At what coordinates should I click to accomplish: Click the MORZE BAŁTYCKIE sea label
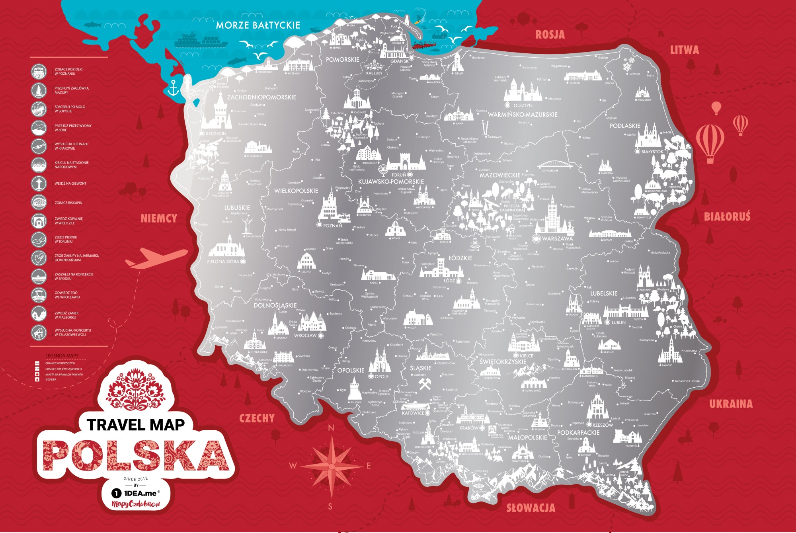pyautogui.click(x=258, y=25)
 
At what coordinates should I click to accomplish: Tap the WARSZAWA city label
pyautogui.click(x=557, y=239)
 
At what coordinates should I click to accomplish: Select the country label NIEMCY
pyautogui.click(x=159, y=219)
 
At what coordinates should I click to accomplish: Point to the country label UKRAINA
pyautogui.click(x=731, y=404)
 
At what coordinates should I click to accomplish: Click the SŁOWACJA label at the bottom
pyautogui.click(x=531, y=508)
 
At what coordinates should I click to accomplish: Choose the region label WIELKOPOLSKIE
pyautogui.click(x=296, y=191)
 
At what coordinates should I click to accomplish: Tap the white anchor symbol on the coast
pyautogui.click(x=173, y=88)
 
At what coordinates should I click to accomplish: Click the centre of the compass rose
pyautogui.click(x=332, y=466)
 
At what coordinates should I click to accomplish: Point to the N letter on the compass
pyautogui.click(x=331, y=428)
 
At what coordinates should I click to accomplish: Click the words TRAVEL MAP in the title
pyautogui.click(x=136, y=425)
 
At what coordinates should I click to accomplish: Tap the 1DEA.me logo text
pyautogui.click(x=140, y=494)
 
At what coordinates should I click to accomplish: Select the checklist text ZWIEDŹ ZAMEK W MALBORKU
pyautogui.click(x=66, y=315)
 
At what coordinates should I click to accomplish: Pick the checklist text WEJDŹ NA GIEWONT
pyautogui.click(x=70, y=184)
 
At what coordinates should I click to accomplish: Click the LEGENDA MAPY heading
pyautogui.click(x=62, y=355)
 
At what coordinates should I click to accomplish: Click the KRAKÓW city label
pyautogui.click(x=469, y=428)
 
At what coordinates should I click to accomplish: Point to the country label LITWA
pyautogui.click(x=684, y=50)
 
